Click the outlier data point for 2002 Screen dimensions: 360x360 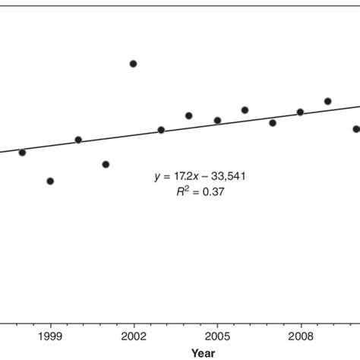point(133,64)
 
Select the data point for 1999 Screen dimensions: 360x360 point(50,181)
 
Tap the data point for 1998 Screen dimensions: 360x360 point(22,152)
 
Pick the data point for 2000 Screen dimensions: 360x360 point(78,140)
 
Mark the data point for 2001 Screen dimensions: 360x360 point(106,164)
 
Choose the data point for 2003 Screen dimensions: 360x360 point(161,130)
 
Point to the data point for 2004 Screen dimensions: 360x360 point(188,115)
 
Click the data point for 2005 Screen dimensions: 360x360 point(217,120)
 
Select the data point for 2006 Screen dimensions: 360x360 point(245,110)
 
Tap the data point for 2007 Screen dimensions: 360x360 point(273,122)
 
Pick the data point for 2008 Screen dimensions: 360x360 point(300,112)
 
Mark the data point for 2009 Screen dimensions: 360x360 point(327,101)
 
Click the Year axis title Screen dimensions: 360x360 point(203,352)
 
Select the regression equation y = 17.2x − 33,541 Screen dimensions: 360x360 point(200,176)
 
